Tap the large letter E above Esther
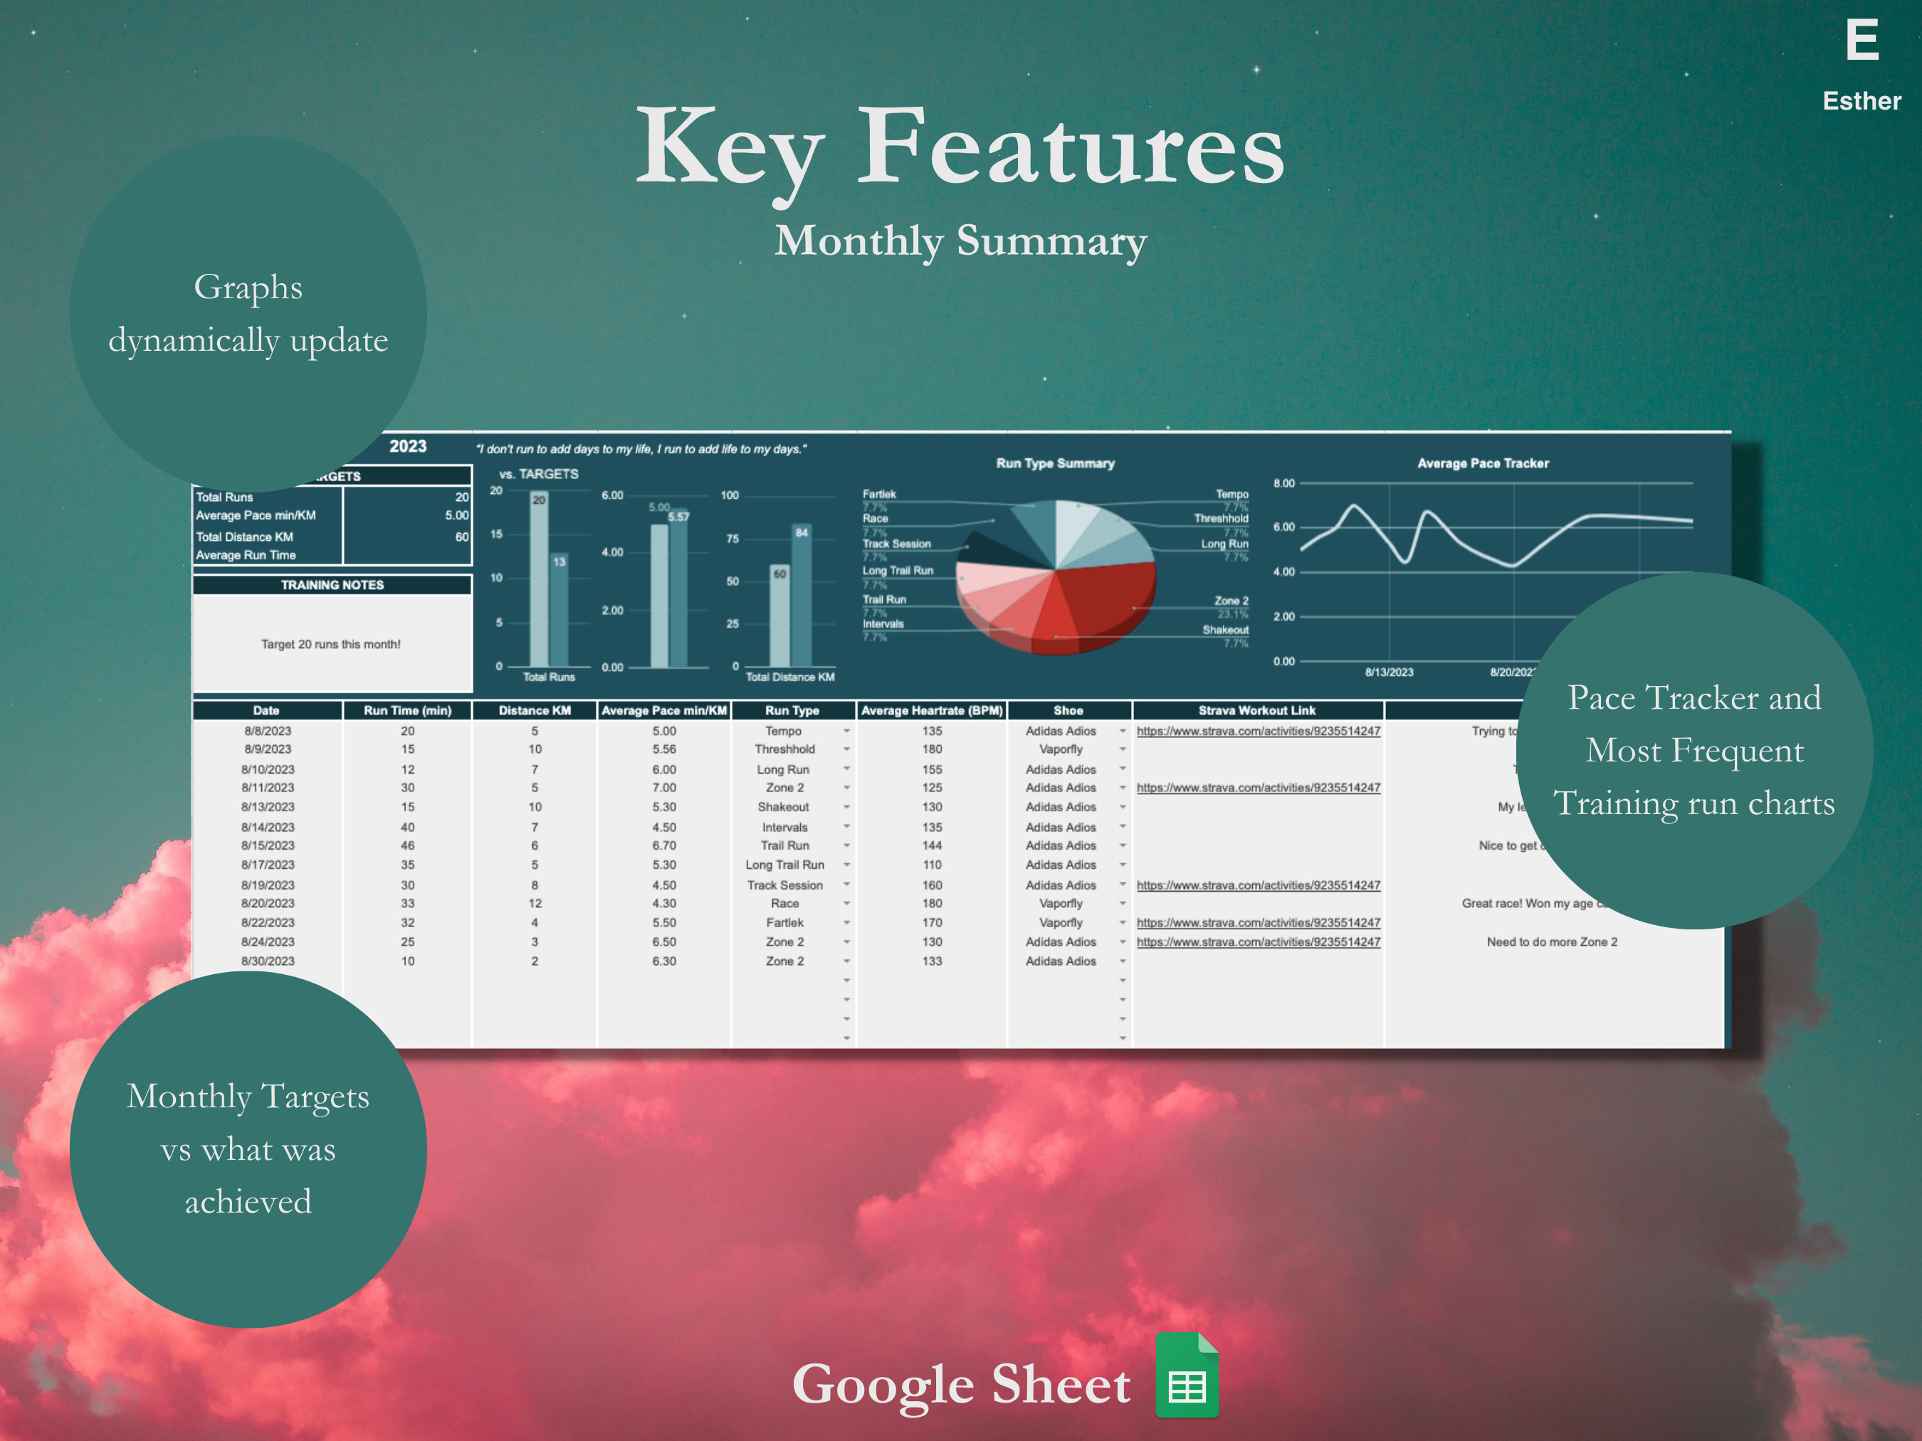(1861, 41)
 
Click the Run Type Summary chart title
(1055, 464)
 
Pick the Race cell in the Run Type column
(784, 903)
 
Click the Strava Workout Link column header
(1256, 710)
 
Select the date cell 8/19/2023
(268, 885)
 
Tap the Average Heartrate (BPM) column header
(931, 710)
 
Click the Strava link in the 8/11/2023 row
(1257, 788)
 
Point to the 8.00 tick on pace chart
(1283, 483)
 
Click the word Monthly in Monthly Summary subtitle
(858, 241)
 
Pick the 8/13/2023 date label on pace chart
(1389, 672)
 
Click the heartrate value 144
(931, 845)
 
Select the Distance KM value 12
(535, 903)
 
